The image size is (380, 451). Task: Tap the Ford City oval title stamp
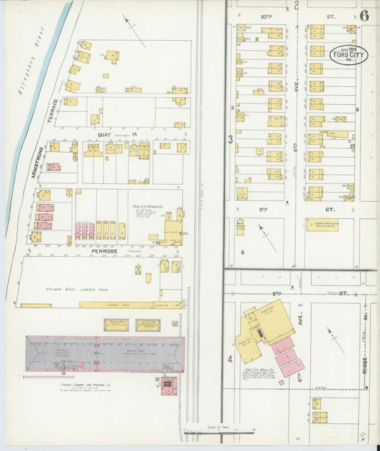[349, 55]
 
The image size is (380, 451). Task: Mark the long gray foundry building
[104, 353]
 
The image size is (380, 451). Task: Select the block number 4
[230, 358]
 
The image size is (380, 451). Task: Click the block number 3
[230, 140]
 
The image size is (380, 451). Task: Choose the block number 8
[242, 252]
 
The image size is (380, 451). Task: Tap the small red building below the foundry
[168, 387]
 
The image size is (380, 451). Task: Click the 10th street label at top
[265, 15]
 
